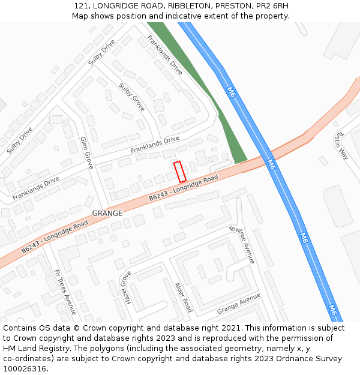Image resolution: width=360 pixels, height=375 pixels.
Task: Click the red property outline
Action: [179, 172]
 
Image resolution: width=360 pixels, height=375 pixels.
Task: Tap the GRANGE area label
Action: [107, 213]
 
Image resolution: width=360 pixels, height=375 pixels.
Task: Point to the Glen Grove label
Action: [87, 152]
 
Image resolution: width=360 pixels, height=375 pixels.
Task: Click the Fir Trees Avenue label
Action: [65, 292]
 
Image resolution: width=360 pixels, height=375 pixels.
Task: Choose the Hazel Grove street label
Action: [127, 287]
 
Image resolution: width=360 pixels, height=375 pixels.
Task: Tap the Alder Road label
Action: [183, 297]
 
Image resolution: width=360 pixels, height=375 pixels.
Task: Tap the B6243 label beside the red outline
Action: [161, 195]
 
